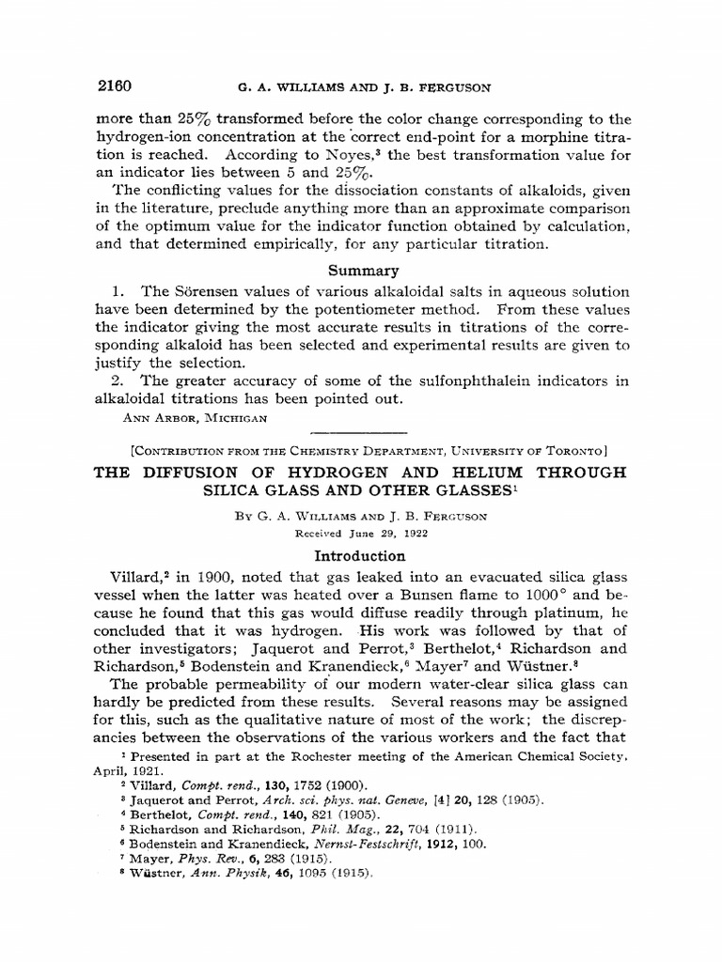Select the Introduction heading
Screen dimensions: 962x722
point(360,556)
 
